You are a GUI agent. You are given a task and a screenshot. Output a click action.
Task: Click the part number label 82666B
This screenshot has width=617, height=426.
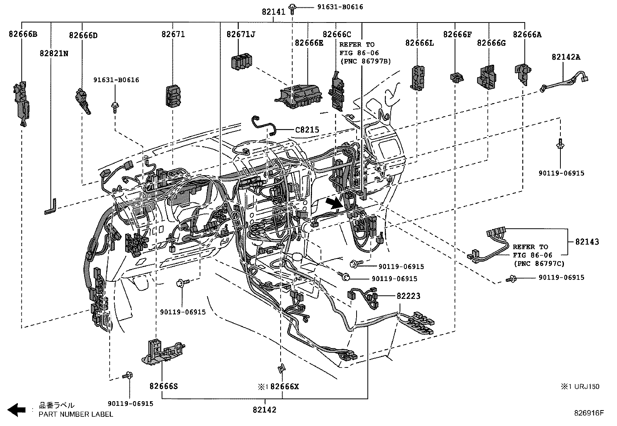(x=23, y=34)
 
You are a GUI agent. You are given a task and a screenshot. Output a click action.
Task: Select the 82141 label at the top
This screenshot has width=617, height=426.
(x=273, y=12)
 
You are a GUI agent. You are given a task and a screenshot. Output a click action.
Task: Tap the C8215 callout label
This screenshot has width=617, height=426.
(x=307, y=130)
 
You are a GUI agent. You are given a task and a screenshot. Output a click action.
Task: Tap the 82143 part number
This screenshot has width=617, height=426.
(x=587, y=242)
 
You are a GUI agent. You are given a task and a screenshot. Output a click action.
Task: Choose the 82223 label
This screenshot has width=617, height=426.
(x=408, y=296)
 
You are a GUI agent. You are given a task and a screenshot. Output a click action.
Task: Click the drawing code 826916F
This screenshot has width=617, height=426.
(x=589, y=413)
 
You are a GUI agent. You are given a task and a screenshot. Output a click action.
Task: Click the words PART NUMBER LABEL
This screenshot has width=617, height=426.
(x=76, y=414)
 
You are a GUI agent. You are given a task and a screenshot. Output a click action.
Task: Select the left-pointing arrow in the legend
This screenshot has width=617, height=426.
(x=16, y=410)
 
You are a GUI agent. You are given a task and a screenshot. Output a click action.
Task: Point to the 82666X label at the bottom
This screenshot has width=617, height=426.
(x=284, y=386)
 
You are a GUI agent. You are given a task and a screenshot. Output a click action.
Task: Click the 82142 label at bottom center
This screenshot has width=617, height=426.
(x=265, y=410)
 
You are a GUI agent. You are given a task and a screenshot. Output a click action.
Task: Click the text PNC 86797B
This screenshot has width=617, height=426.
(x=365, y=61)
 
